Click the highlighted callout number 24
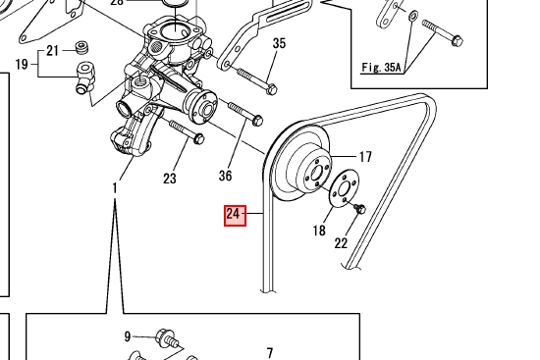[x=235, y=216]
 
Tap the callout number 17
[x=365, y=157]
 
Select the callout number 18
[x=319, y=231]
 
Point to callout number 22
[x=341, y=243]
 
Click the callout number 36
[x=225, y=176]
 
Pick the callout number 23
[x=170, y=179]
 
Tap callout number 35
[x=279, y=43]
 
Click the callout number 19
[x=22, y=64]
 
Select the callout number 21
[x=52, y=51]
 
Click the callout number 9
[x=128, y=336]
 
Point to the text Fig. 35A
[x=381, y=67]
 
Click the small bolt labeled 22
[x=360, y=208]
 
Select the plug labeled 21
[x=81, y=47]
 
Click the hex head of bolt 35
[x=272, y=89]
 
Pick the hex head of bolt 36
[x=257, y=120]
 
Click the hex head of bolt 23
[x=199, y=138]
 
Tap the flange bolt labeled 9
[x=168, y=338]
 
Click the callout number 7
[x=270, y=353]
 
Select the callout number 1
[x=115, y=188]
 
